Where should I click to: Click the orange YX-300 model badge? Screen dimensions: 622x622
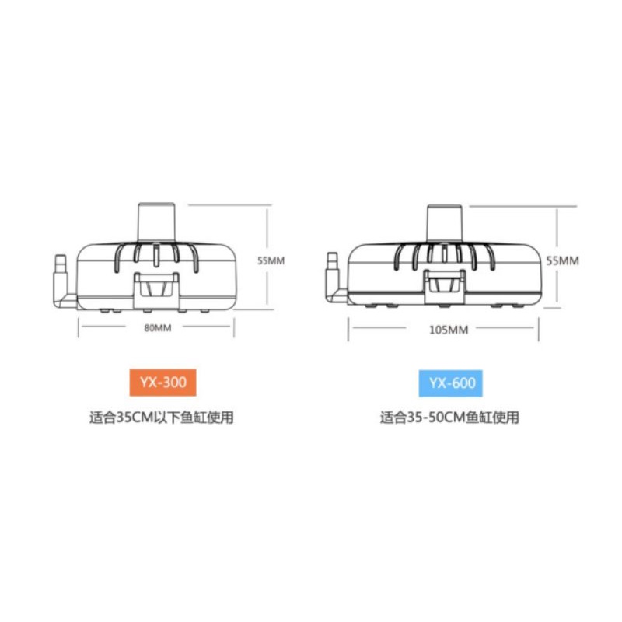(x=162, y=383)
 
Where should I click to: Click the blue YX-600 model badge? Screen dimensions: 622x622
(x=451, y=383)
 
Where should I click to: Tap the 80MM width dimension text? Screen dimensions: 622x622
(x=158, y=328)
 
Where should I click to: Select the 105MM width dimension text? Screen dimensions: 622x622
(x=449, y=330)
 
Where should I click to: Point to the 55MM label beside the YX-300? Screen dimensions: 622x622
(x=271, y=260)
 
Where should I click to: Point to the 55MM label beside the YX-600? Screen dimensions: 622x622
(x=562, y=260)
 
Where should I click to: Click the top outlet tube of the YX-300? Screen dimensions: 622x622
(x=156, y=222)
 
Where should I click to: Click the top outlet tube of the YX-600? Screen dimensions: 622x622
(x=444, y=223)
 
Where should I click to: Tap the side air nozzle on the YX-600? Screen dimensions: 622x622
(x=334, y=278)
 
